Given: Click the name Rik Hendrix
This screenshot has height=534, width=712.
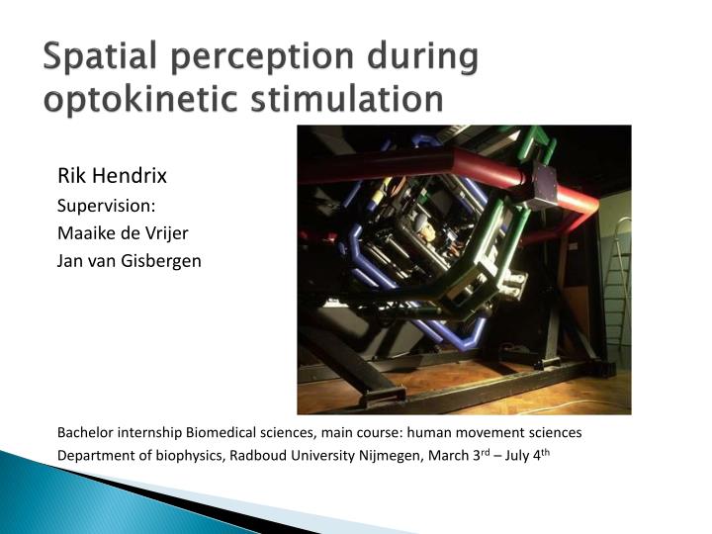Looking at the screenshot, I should [x=112, y=177].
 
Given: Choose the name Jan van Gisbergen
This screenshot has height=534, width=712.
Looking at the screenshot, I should [x=130, y=261].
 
